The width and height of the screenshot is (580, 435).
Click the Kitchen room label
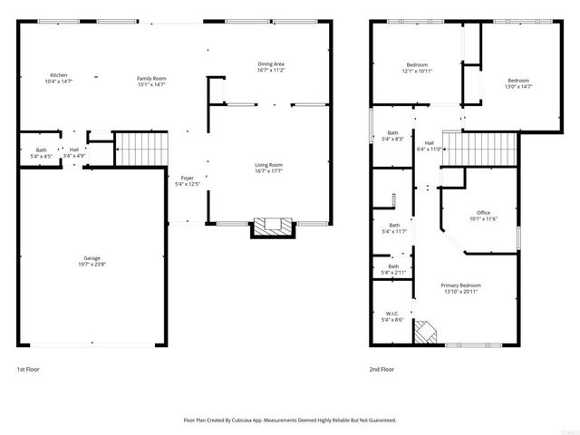[58, 75]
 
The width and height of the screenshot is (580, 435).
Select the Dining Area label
[271, 63]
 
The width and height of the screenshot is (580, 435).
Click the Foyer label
[188, 178]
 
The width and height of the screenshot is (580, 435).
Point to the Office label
[483, 213]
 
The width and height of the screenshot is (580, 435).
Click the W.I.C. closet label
[393, 314]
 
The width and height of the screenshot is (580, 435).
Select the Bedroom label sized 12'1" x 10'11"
[417, 64]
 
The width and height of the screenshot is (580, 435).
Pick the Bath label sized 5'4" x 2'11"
[394, 266]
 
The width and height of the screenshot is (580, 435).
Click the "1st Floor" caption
[28, 370]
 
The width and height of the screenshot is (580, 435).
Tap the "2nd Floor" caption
[382, 370]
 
